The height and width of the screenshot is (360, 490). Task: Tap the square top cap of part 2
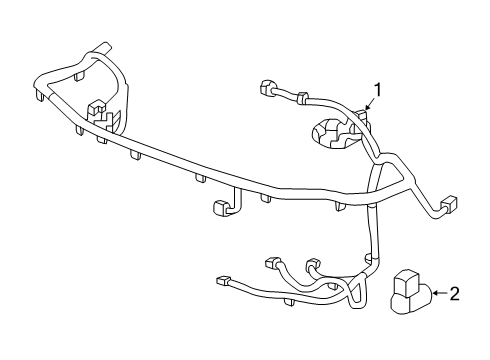[406, 277]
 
